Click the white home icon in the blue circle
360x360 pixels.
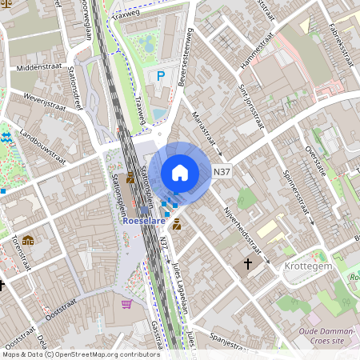pos(180,172)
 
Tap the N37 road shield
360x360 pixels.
pos(222,171)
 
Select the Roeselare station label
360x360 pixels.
pos(144,224)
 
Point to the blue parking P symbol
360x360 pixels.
pos(161,76)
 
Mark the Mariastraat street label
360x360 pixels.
pos(205,128)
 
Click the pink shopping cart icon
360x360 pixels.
pos(126,304)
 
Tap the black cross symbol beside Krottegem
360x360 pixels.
pos(248,262)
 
